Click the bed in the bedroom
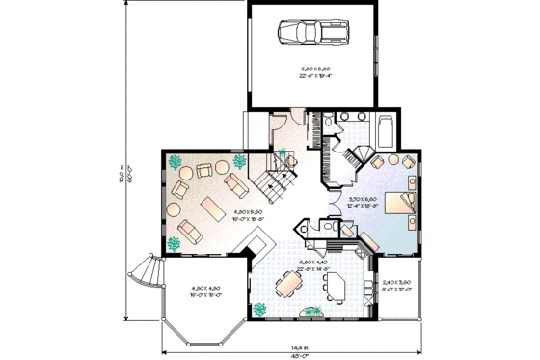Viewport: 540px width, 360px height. [x=398, y=203]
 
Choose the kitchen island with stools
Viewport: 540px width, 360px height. [x=335, y=284]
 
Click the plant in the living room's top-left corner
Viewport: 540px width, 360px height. [x=177, y=163]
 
